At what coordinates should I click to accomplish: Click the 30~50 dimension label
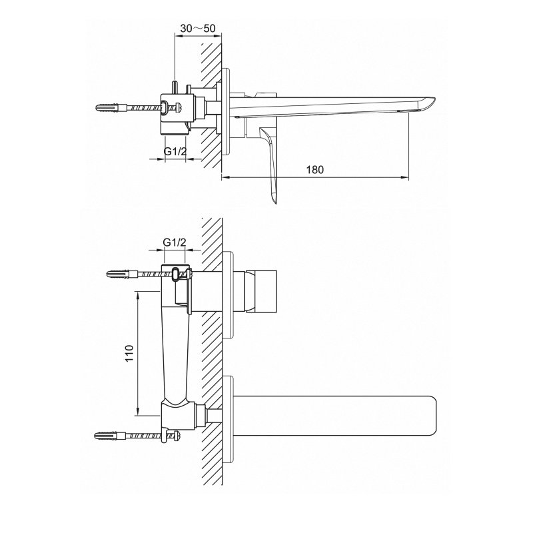(x=198, y=28)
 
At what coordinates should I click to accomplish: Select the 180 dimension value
(x=315, y=170)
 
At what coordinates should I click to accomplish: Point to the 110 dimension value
(x=129, y=353)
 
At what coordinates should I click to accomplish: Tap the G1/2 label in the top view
(x=175, y=151)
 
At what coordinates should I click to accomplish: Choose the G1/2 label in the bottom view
(x=175, y=243)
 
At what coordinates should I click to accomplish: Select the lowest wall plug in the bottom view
(x=110, y=436)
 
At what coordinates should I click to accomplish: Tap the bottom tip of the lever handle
(x=276, y=203)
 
